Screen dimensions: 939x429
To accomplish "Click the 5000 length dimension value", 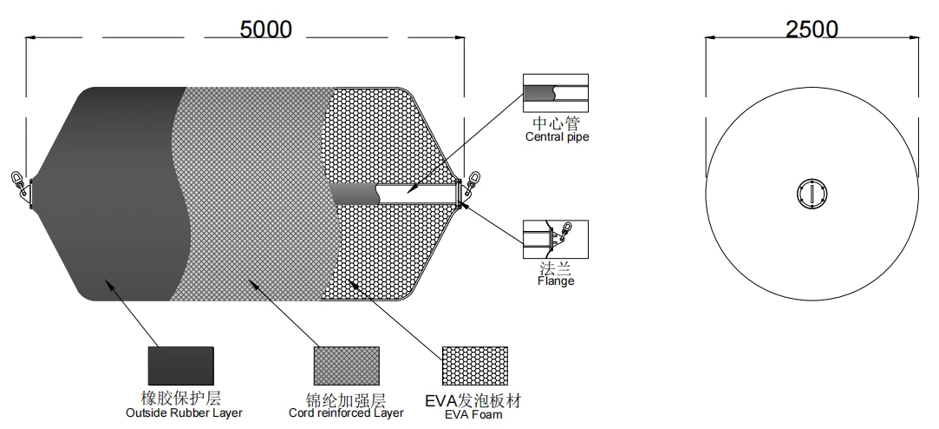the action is [x=266, y=29].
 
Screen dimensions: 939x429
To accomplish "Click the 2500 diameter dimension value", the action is [x=812, y=29].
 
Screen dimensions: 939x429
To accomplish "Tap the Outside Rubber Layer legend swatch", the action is [x=181, y=366].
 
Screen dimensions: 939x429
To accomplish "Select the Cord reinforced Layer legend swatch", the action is [x=347, y=366].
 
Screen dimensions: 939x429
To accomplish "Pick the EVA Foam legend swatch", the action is [x=475, y=366].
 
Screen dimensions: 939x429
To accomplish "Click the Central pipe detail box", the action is [x=556, y=93].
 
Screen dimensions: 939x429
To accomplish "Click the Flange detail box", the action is [x=556, y=240].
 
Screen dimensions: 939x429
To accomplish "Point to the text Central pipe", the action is [x=557, y=137].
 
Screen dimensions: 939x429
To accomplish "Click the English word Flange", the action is [x=556, y=280].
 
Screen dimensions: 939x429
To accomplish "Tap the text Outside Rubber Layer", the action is [x=185, y=412].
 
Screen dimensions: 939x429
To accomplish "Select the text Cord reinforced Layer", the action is [x=346, y=412].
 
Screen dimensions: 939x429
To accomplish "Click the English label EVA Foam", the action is [x=473, y=414].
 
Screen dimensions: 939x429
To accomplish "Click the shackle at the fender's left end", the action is [x=20, y=183].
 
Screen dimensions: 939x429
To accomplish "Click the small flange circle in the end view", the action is [x=812, y=194].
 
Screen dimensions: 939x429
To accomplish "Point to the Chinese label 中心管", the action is [x=557, y=123].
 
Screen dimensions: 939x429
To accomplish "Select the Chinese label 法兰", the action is [x=556, y=267].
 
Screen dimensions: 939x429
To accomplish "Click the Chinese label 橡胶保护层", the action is [x=181, y=398].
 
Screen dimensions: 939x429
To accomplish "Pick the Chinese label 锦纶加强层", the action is [x=346, y=399].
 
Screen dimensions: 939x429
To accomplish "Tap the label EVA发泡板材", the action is [x=473, y=399].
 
